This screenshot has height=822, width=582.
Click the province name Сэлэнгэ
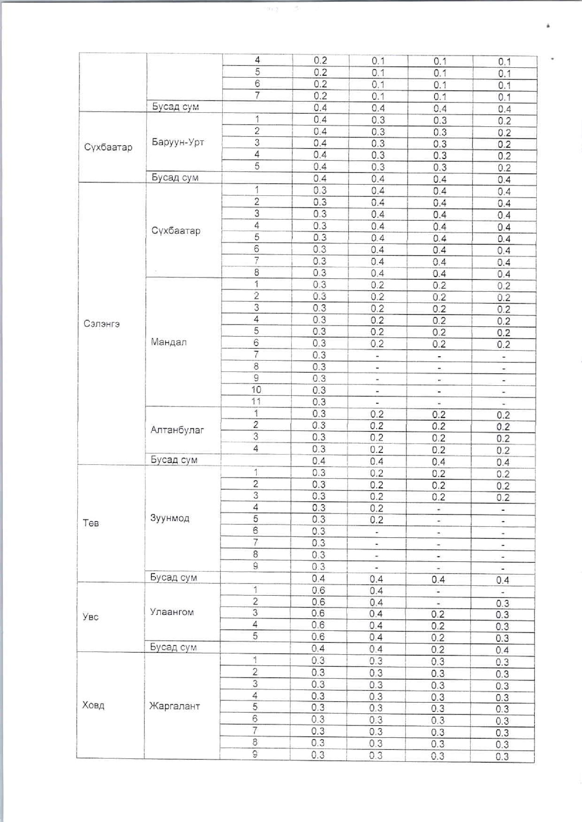101,324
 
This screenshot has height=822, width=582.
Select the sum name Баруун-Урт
178,142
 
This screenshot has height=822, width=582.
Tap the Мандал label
169,342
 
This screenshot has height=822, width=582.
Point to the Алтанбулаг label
177,430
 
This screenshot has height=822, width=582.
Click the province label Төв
91,523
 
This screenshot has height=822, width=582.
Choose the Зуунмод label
169,518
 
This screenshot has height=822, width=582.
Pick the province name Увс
90,617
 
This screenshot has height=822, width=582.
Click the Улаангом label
172,612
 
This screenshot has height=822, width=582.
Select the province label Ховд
93,705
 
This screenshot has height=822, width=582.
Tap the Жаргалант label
174,706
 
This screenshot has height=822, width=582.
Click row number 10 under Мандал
256,390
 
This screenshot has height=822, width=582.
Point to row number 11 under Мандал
256,401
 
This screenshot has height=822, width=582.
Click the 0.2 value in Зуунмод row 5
377,520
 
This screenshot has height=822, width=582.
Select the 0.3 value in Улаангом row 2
502,603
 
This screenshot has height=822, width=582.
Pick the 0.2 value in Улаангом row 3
438,615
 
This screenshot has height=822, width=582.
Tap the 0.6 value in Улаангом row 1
318,590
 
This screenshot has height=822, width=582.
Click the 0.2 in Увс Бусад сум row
438,650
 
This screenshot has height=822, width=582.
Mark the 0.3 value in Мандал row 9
319,378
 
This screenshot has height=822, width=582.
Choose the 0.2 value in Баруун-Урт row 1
504,121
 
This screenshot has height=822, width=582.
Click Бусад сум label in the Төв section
174,577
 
